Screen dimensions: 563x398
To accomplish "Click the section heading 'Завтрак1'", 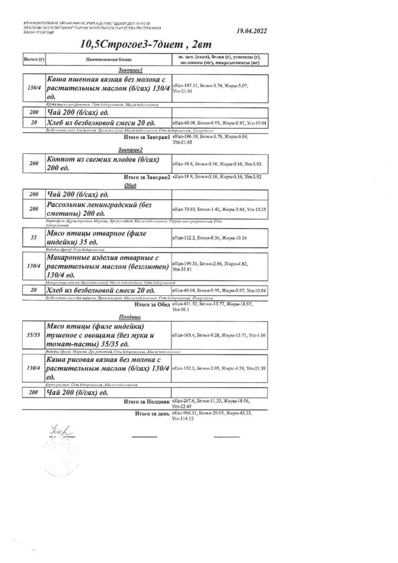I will point(130,70).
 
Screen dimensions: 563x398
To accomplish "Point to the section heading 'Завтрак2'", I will point(130,150).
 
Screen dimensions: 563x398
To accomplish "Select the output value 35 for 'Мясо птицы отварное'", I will point(34,238).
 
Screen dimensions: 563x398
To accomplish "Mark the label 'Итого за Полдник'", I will point(147,402).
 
